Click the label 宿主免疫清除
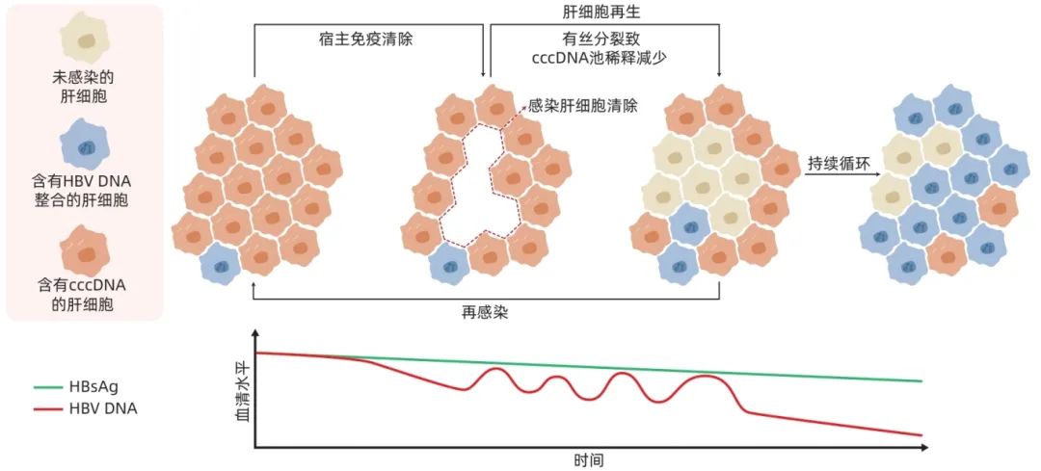(366, 39)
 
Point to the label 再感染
(485, 312)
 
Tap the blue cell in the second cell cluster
(449, 264)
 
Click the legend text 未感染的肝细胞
(84, 87)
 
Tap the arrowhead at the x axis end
(923, 448)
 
